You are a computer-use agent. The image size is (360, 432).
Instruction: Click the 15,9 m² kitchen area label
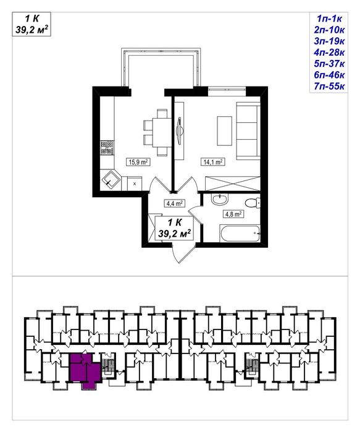pos(138,162)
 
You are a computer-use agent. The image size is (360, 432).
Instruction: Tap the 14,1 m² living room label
pos(212,162)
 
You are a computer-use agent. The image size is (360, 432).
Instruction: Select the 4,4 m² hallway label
pos(174,203)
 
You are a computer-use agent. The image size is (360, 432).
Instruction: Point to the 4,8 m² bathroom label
pos(233,214)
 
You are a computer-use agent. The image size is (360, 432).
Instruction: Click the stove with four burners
pos(107,147)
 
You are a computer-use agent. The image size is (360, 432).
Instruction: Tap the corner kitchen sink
pos(111,180)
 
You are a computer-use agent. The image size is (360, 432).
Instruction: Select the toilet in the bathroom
pos(253,203)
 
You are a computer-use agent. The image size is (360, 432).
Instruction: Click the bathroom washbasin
pos(220,199)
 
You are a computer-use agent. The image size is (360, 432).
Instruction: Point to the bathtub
pos(240,234)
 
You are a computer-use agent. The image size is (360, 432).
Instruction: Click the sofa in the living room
pos(248,130)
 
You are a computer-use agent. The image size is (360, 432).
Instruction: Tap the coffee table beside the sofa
pos(224,130)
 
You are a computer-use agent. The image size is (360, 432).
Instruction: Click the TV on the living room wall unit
pos(180,130)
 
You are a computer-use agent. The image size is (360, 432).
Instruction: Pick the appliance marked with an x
pos(135,184)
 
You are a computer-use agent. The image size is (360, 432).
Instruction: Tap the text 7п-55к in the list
pos(329,87)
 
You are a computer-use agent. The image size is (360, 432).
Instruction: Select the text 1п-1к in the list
pos(329,19)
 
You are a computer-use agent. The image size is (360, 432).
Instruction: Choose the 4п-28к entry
pos(329,53)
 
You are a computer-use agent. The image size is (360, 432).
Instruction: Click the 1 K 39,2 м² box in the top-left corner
pos(31,24)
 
